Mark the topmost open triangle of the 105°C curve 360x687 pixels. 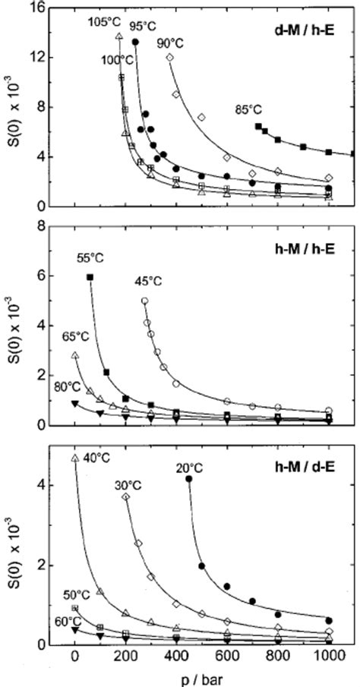click(118, 35)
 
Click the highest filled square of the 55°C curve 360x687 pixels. click(90, 278)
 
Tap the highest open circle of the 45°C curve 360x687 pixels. click(144, 301)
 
